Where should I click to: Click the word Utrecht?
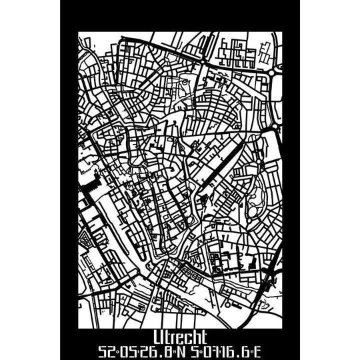pos(179,336)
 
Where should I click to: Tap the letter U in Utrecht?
pos(157,336)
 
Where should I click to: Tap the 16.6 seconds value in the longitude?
pos(234,350)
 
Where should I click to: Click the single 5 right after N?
pos(194,350)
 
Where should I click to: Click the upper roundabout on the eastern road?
pos(273,81)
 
